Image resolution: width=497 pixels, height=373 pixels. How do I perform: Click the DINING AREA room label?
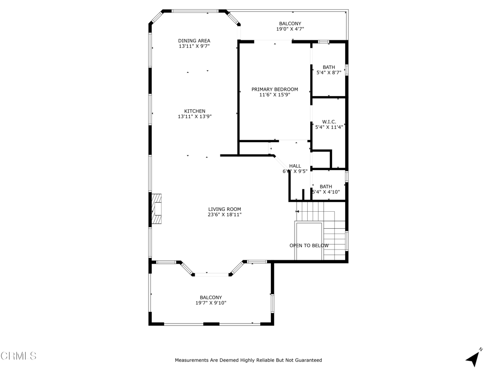194,41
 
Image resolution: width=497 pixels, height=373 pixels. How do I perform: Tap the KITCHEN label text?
195,111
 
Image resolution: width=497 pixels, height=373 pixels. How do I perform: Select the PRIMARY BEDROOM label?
275,89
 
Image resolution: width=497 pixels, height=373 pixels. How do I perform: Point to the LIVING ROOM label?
225,209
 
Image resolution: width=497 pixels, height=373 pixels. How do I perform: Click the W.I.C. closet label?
329,122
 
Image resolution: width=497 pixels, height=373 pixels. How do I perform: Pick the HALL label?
295,166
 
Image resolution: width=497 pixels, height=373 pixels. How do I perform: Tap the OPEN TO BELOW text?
309,246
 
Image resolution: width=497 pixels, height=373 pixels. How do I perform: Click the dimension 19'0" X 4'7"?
290,29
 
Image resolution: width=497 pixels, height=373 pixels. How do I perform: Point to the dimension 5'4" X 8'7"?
329,73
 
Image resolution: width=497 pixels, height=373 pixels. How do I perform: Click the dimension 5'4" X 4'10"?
326,192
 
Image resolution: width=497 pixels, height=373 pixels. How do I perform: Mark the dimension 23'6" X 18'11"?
225,215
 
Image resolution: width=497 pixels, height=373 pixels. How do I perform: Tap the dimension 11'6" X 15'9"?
275,95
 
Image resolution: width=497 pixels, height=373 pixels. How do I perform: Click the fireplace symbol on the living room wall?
156,209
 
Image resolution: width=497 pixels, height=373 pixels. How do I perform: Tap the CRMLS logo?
18,356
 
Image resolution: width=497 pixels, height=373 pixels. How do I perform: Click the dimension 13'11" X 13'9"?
195,117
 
